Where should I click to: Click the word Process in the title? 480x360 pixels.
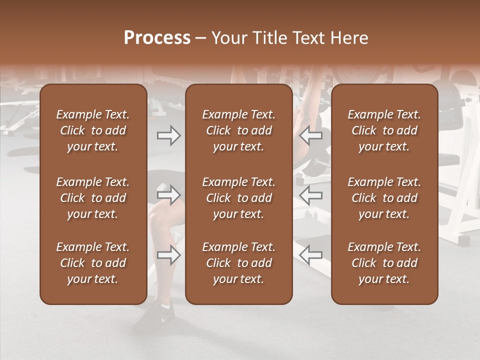pyautogui.click(x=157, y=38)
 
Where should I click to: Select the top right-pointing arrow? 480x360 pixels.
pyautogui.click(x=168, y=135)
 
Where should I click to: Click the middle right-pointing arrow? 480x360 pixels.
pyautogui.click(x=168, y=195)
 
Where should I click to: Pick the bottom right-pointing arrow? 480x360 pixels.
pyautogui.click(x=168, y=255)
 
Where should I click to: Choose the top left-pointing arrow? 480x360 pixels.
pyautogui.click(x=311, y=135)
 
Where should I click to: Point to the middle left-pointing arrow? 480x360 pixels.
pyautogui.click(x=311, y=195)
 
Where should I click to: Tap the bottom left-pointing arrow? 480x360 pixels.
pyautogui.click(x=311, y=255)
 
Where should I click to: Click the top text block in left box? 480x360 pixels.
pyautogui.click(x=93, y=130)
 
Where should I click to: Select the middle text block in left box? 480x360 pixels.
pyautogui.click(x=93, y=198)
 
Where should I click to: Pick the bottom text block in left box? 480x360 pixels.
pyautogui.click(x=93, y=263)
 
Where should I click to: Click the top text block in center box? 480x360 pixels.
pyautogui.click(x=239, y=130)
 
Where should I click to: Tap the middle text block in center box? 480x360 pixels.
pyautogui.click(x=239, y=198)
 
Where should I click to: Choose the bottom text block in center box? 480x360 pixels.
pyautogui.click(x=239, y=263)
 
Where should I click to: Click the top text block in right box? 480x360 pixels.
pyautogui.click(x=384, y=130)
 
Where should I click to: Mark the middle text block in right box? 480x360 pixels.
pyautogui.click(x=384, y=198)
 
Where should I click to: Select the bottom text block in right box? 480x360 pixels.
pyautogui.click(x=384, y=263)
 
